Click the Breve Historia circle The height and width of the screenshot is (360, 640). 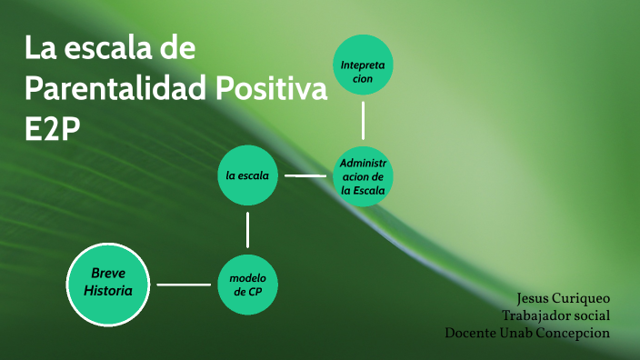108,284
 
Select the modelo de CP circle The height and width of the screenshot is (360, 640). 247,284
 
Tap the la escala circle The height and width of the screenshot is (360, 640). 247,175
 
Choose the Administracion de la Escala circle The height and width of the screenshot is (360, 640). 363,175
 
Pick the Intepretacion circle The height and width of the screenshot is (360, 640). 363,65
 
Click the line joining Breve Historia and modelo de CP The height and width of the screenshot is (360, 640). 185,285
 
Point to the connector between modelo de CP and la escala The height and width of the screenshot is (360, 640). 247,229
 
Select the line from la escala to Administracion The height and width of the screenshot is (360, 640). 305,175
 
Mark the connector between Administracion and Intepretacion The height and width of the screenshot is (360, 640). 363,120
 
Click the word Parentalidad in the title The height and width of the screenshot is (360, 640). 115,89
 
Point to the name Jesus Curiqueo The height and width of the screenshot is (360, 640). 563,298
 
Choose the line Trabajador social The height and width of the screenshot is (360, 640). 555,315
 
